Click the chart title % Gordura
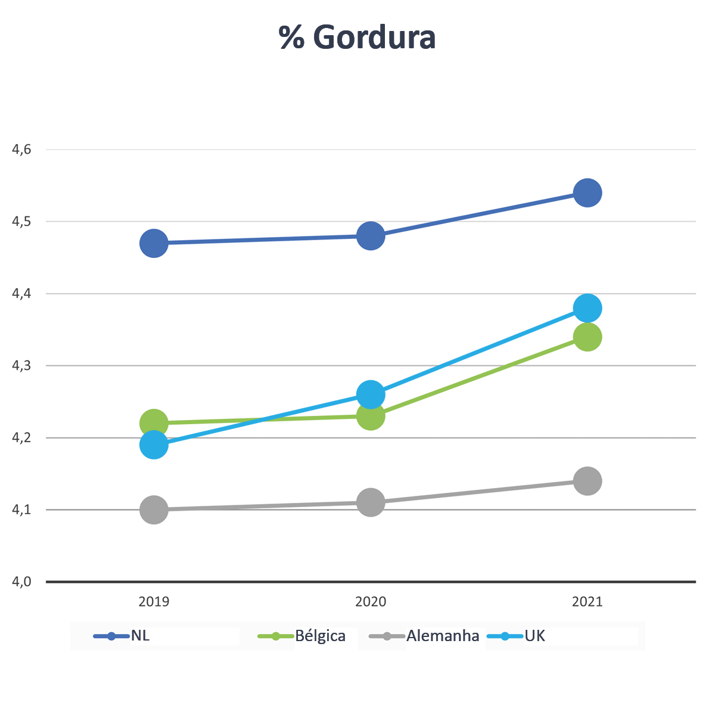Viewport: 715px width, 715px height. (x=357, y=38)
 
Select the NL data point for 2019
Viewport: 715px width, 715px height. (x=154, y=243)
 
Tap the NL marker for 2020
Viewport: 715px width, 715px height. (x=371, y=236)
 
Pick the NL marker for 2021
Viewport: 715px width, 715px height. (x=587, y=192)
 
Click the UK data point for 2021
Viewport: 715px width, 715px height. (x=587, y=308)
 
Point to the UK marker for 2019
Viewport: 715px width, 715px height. (x=154, y=444)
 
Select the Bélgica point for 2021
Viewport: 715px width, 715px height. (x=587, y=337)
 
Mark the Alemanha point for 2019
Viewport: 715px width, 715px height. (x=154, y=509)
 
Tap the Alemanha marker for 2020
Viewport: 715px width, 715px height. (x=371, y=502)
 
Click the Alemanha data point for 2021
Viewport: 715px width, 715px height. (x=587, y=481)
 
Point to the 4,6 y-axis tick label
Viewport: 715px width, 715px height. (x=21, y=150)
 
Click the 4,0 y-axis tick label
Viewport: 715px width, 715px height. (x=21, y=582)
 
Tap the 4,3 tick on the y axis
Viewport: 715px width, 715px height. (x=21, y=366)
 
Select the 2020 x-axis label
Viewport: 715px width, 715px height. (x=371, y=602)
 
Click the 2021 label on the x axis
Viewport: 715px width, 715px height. (x=587, y=602)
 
